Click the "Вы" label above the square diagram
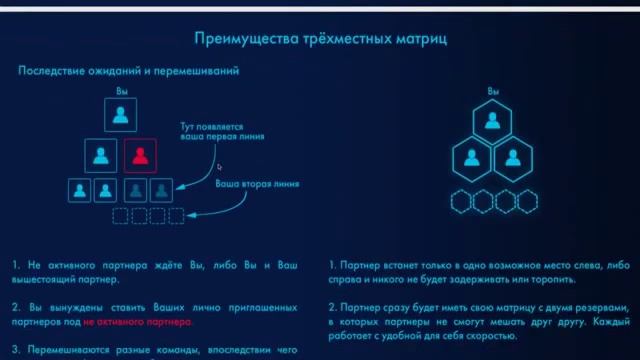(x=120, y=91)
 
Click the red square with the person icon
(x=140, y=155)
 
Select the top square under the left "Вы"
(x=120, y=116)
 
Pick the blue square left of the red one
(x=101, y=155)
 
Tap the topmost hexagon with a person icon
(x=492, y=122)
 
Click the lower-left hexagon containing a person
(x=471, y=156)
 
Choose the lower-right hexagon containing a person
(x=512, y=156)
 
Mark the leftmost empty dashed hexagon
(x=461, y=201)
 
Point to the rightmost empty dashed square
(x=176, y=215)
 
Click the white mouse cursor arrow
(x=220, y=167)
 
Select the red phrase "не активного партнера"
(x=140, y=323)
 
